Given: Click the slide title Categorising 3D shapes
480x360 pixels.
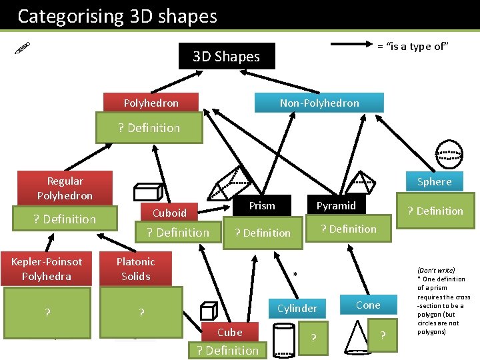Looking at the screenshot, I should coord(117,16).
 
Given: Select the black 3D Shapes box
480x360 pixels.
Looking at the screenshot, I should coord(226,57).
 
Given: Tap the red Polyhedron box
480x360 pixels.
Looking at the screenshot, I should coord(151,103).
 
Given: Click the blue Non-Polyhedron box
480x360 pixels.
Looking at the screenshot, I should coord(319,103).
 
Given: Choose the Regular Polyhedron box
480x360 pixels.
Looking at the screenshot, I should coord(65,188).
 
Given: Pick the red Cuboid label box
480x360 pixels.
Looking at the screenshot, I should coord(169,213).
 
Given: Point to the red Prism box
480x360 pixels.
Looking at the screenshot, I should coord(262,205).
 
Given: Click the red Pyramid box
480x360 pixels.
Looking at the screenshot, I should coord(336,205).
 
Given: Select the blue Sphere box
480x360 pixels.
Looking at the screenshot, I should coord(434,181).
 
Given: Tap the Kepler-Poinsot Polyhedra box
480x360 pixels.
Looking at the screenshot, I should coord(47,269).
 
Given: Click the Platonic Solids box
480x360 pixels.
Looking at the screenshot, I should coord(135,269).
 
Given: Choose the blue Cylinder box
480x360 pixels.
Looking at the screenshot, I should coord(297,308).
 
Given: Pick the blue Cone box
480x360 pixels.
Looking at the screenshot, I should coord(368,305).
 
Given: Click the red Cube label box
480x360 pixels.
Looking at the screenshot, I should coord(229,332).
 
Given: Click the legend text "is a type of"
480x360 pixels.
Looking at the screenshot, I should coord(413,46).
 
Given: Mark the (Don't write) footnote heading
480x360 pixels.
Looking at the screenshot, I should coord(436,271).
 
